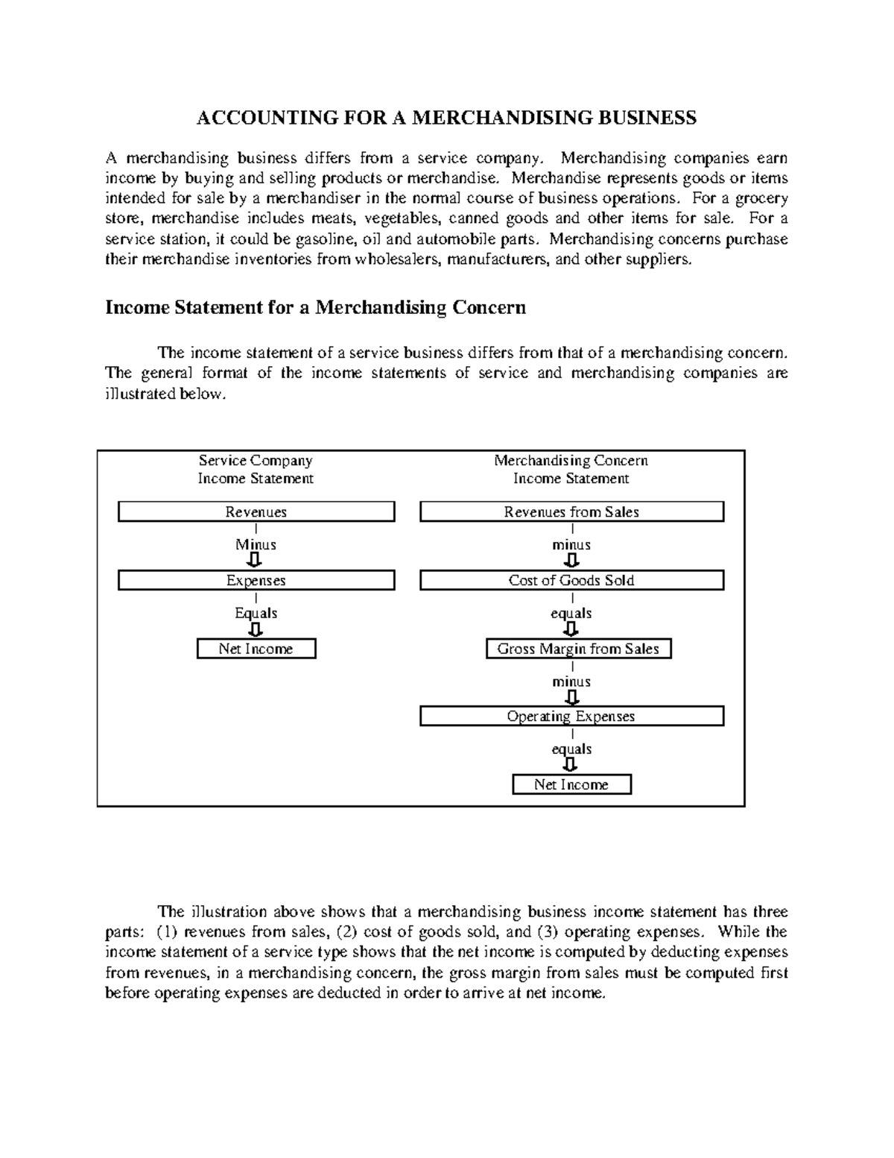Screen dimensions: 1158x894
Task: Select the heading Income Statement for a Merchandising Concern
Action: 315,307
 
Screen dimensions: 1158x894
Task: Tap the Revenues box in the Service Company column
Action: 256,512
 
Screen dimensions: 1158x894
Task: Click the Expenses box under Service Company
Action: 256,580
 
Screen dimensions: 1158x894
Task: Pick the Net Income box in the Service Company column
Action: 256,649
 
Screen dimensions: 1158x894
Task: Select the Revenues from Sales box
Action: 571,512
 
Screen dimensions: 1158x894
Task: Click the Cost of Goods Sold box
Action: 571,580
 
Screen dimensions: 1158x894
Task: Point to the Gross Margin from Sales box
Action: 578,649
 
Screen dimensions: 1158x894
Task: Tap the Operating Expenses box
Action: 571,717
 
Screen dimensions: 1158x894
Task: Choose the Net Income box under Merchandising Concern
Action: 571,784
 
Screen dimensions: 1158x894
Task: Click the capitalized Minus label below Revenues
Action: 256,544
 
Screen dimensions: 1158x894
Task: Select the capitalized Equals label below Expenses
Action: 256,613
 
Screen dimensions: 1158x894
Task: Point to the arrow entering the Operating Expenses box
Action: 571,698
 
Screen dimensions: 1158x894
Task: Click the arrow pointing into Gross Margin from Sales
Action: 571,630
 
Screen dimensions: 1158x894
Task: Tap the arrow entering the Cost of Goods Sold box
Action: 571,561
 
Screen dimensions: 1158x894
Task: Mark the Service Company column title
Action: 256,461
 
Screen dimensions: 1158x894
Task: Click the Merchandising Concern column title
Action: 571,461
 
